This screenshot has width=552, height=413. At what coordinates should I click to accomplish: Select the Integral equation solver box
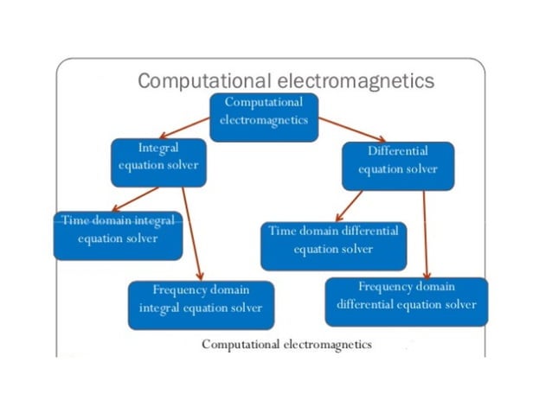coord(158,162)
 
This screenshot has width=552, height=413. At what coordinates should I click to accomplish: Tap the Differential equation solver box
coord(397,164)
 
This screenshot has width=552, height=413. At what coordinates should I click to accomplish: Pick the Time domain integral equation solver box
coord(118,234)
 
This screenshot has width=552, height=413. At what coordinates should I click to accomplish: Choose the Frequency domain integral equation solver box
coord(201,304)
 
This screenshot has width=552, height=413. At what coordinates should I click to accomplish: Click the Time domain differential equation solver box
coord(333,245)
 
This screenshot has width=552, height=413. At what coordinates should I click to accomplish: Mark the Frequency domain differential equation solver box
coord(406,300)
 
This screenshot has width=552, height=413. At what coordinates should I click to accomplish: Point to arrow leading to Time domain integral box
coord(135,198)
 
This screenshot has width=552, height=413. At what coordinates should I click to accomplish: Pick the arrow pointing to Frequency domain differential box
coord(427,232)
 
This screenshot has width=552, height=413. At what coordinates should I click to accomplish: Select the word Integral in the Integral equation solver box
coord(158,149)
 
